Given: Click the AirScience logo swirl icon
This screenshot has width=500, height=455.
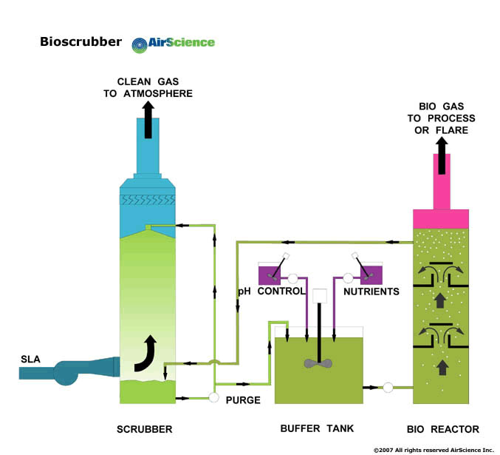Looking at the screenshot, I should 140,44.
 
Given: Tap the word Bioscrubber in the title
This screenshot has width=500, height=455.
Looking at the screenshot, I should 81,42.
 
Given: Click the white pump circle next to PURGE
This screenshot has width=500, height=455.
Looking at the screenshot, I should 214,397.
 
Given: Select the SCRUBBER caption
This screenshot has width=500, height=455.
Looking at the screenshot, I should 145,429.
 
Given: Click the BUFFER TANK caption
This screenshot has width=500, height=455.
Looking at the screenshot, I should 318,429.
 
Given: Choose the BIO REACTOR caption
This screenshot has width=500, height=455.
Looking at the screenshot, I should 443,429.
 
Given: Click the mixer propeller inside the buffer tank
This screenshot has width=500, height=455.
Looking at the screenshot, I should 318,364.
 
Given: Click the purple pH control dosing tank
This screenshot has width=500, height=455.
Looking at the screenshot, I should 269,274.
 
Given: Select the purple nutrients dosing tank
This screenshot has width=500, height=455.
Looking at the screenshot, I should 371,274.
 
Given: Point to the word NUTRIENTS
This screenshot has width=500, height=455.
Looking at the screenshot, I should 371,291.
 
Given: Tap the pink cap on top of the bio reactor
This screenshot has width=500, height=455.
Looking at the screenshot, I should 441,219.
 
